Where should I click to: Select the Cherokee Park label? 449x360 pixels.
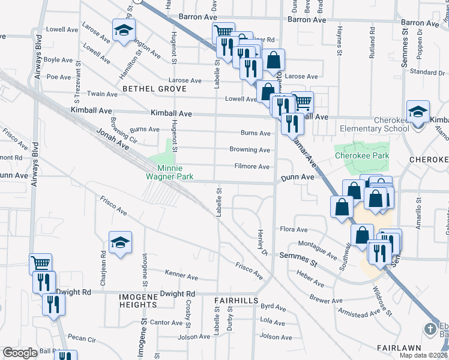click(362, 156)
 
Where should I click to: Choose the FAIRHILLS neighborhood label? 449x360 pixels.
click(236, 299)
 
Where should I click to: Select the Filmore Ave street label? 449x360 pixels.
click(251, 167)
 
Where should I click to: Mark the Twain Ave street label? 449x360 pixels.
click(103, 94)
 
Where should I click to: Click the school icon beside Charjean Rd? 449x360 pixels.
click(120, 242)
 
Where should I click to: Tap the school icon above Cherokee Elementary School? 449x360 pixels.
click(418, 112)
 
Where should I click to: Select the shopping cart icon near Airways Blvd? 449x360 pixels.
click(41, 263)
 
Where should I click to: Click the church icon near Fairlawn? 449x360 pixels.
click(430, 329)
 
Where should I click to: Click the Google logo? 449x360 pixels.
click(20, 353)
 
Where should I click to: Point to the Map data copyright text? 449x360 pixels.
click(424, 355)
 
